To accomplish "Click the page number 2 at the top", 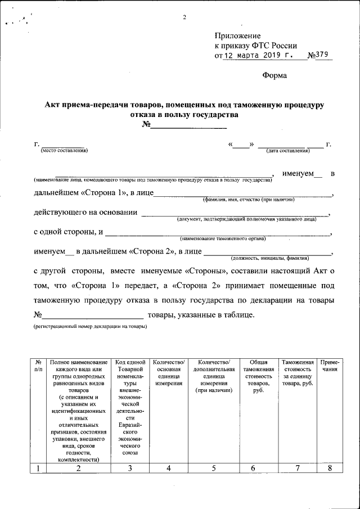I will (x=184, y=16).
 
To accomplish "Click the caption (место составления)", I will (x=64, y=151).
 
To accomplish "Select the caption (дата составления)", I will (x=288, y=151).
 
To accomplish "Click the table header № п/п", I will (x=38, y=366).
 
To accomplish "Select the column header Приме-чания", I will (x=329, y=366).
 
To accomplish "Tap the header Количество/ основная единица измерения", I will (x=169, y=373).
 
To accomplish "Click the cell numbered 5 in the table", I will (x=213, y=469).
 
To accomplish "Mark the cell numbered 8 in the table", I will (x=329, y=469).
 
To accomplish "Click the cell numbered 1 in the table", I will (x=38, y=469).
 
